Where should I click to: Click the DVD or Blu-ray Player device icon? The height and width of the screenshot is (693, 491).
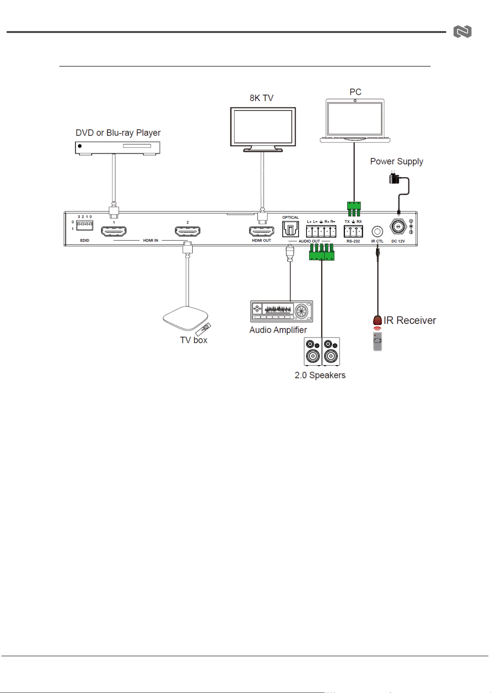coord(117,148)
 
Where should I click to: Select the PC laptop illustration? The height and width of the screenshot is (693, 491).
coord(355,121)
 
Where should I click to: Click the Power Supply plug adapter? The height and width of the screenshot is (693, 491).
coord(394,178)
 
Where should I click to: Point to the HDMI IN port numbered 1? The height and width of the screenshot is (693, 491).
coord(114,232)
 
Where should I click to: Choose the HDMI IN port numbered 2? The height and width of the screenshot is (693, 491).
coord(188,232)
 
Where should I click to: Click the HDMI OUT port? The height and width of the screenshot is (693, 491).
coord(262,232)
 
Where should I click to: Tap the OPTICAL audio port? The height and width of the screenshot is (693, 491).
coord(291,229)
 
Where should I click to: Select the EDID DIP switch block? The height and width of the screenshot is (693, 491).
coord(84,225)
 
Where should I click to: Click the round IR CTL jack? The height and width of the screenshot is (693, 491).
coord(377,232)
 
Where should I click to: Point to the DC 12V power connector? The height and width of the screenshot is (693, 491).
coord(398,227)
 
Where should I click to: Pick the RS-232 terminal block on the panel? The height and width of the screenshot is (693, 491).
coord(353,231)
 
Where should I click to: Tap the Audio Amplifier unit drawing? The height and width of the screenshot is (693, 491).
coord(282,311)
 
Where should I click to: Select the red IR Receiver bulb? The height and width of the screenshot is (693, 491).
coord(377,320)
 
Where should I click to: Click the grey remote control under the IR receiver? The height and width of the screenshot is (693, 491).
coord(378,341)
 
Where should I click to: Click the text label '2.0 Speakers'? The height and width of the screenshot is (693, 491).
coord(320,375)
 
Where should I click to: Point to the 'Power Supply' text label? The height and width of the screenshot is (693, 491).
coord(397,161)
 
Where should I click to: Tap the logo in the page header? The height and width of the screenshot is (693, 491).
coord(462,32)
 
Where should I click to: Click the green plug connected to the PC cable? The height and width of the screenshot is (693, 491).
coord(354,209)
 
